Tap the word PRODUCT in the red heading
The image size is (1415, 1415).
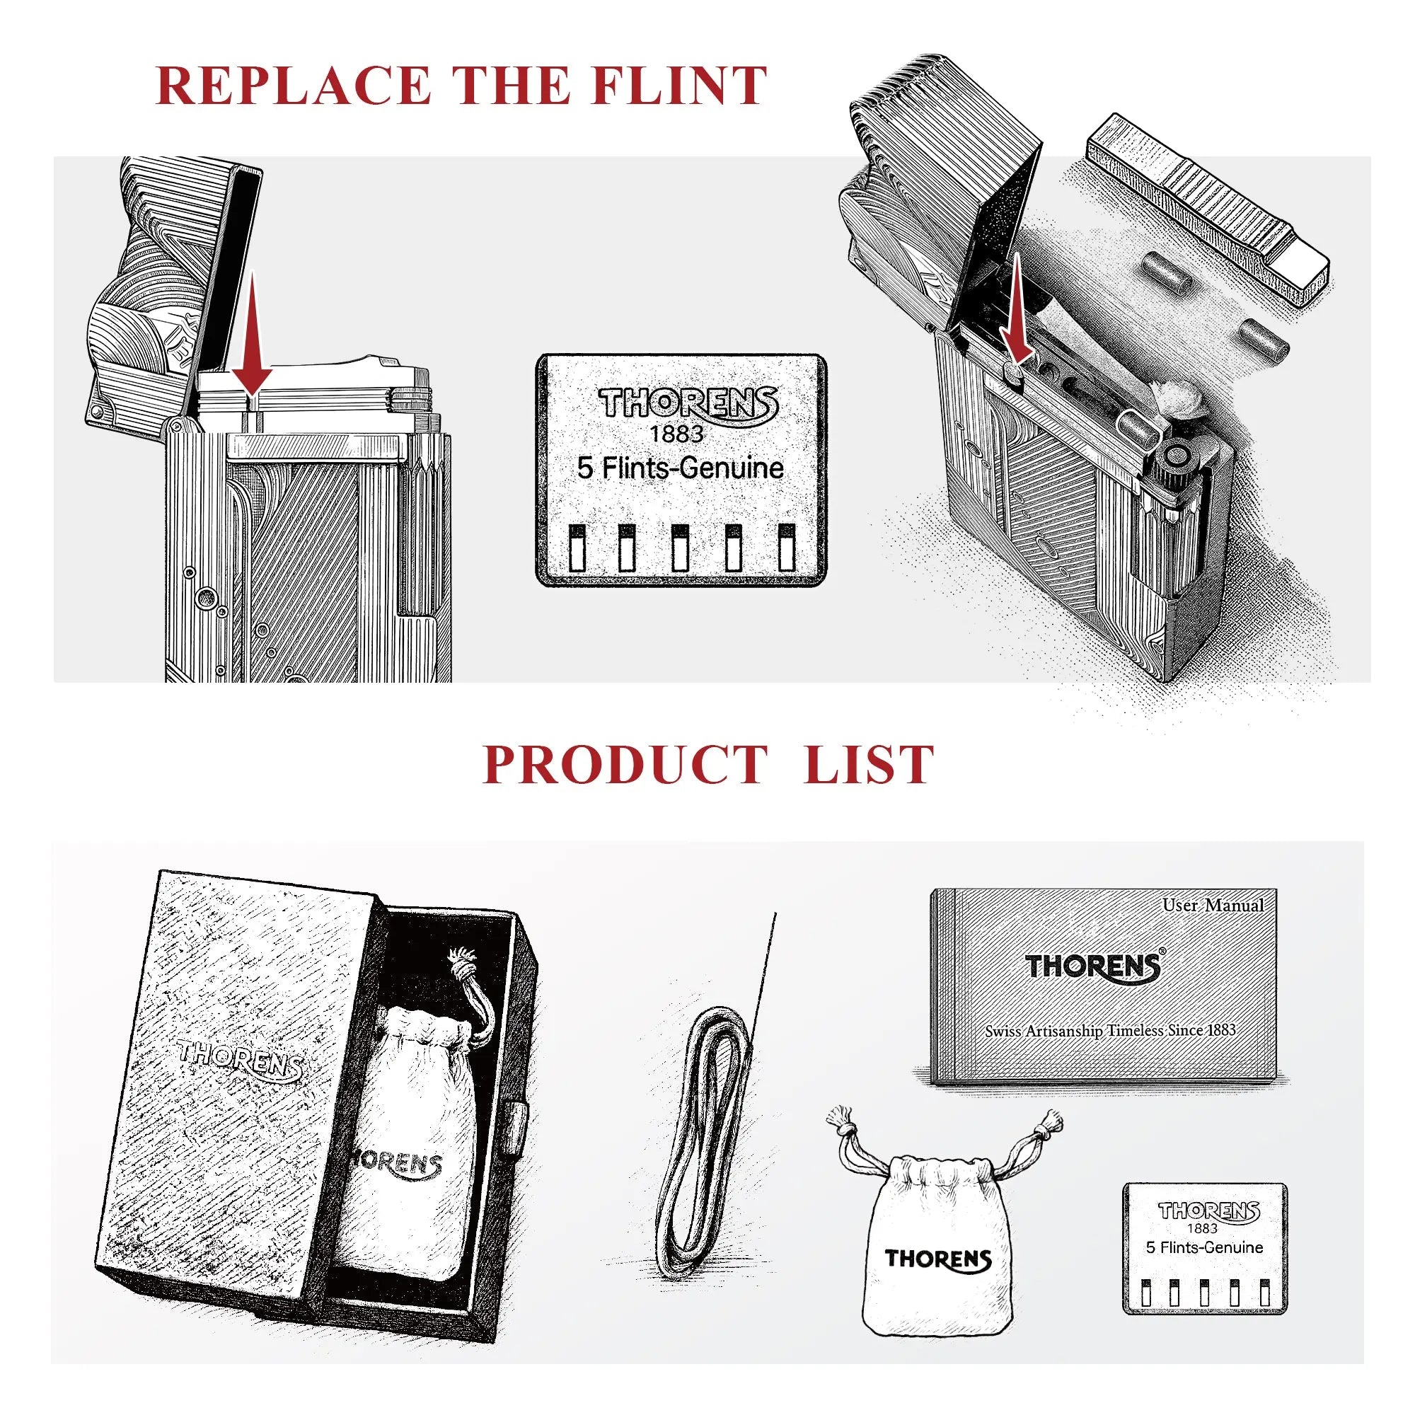tap(625, 765)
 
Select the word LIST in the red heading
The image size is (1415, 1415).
tap(869, 765)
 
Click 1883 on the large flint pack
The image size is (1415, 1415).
tap(677, 434)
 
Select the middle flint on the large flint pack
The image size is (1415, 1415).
tap(680, 547)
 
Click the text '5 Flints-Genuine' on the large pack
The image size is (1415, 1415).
tap(681, 469)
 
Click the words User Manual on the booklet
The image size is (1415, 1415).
tap(1213, 906)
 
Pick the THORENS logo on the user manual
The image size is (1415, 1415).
tap(1093, 966)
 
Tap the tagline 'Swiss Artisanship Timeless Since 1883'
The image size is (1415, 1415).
tap(1110, 1031)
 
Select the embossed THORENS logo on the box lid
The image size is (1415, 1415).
tap(241, 1063)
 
